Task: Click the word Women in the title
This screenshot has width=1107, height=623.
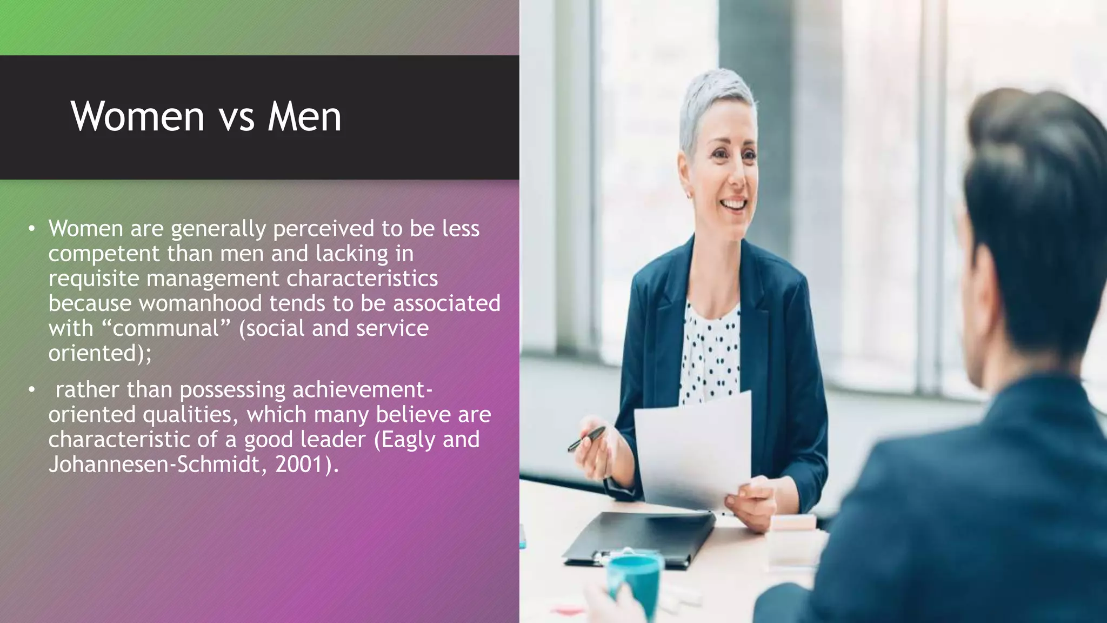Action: tap(137, 116)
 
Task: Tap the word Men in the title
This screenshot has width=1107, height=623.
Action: tap(304, 116)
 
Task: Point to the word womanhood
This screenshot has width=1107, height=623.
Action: tap(200, 303)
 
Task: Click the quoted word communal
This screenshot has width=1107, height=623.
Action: tap(166, 328)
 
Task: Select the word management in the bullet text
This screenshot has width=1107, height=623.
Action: tap(212, 279)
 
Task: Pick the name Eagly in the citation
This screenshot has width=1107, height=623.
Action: tap(408, 439)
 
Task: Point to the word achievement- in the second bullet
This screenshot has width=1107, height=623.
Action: tap(362, 390)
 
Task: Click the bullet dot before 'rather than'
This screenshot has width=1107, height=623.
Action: tap(32, 389)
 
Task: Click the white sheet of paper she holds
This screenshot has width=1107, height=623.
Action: tap(695, 449)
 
